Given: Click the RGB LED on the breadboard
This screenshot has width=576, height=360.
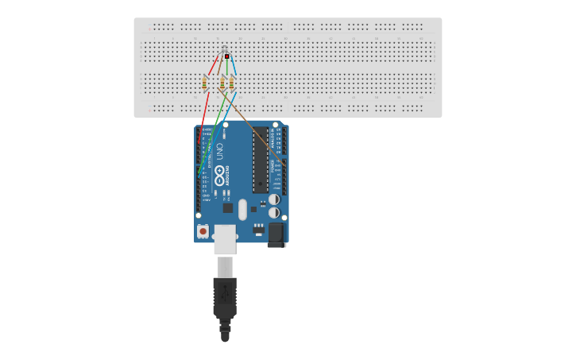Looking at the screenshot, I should click(226, 56).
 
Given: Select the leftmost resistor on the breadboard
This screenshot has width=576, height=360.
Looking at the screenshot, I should click(205, 83).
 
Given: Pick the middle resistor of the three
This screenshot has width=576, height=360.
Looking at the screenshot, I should click(222, 83).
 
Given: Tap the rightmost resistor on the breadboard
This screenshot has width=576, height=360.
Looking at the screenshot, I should click(231, 83).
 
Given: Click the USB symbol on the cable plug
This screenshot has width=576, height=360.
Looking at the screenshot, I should click(224, 292).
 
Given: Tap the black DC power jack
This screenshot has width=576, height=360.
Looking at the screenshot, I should click(276, 234).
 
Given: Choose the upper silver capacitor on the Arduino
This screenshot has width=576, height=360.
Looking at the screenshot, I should click(273, 199).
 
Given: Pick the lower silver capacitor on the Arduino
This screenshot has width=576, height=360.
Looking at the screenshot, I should click(273, 213).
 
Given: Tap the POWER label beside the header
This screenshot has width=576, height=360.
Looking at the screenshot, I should click(273, 167).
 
